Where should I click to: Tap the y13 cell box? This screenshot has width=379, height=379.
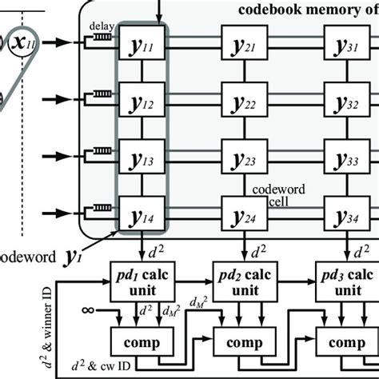142,158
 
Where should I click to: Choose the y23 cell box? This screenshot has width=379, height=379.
243,158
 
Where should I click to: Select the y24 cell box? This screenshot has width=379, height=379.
243,213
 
